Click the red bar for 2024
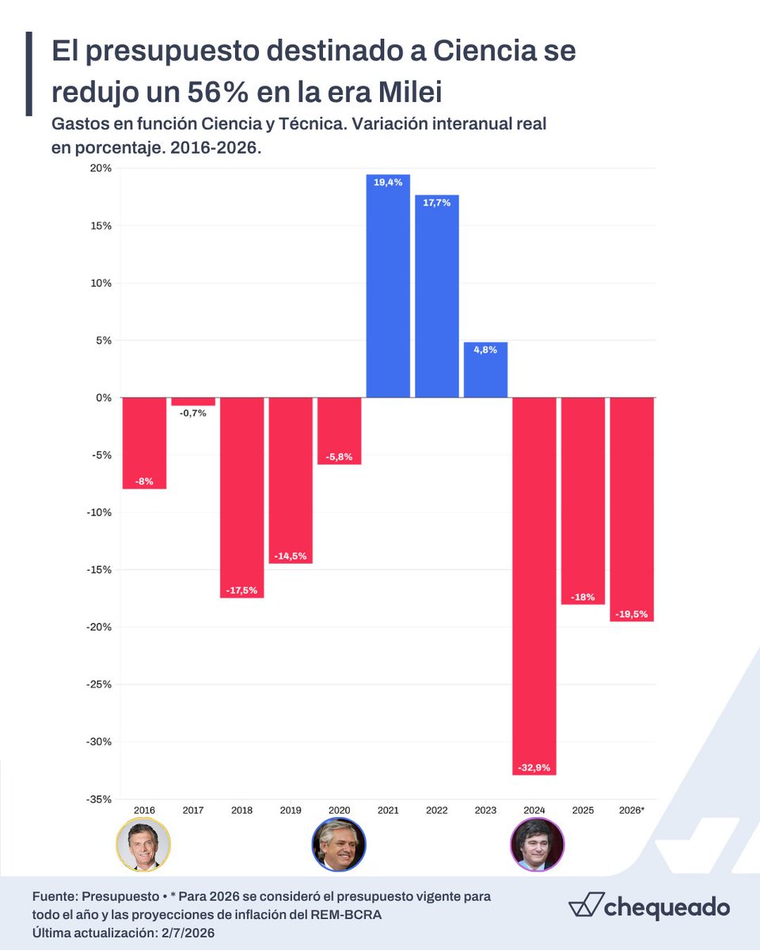coord(534,586)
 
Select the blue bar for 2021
coord(388,286)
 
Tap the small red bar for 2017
coord(193,401)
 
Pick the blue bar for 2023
coord(485,370)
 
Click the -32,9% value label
coord(534,767)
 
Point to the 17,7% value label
coord(436,203)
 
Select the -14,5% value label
coord(290,556)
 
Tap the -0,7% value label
coord(193,413)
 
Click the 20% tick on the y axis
coord(101,168)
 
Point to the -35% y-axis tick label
coord(98,799)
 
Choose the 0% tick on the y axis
coord(104,397)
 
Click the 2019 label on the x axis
coord(290,810)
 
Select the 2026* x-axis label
coord(632,810)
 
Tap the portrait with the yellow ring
coord(143,845)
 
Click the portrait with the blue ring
coord(339,845)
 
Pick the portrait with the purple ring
coord(537,845)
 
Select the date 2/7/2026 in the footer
coord(188,933)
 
